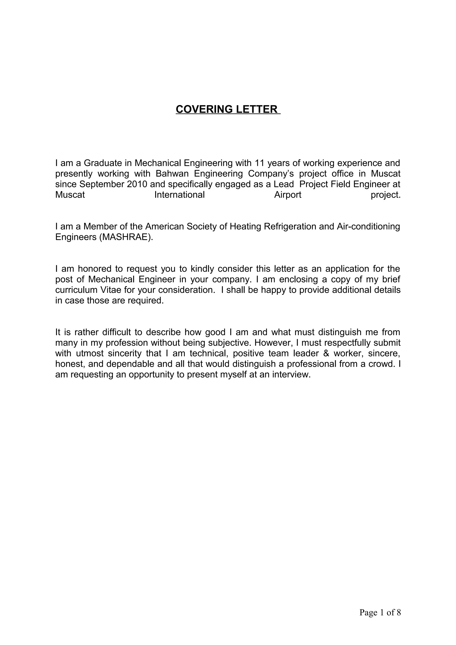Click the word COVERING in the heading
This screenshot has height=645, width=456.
coord(204,109)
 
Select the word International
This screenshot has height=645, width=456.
coord(179,195)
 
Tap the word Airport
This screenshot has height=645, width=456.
coord(288,195)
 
